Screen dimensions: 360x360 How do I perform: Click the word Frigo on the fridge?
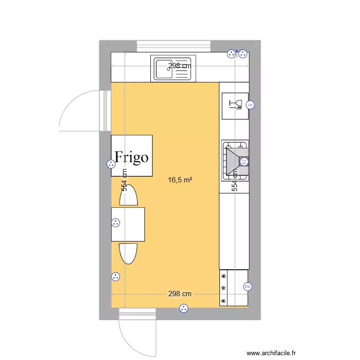pyautogui.click(x=132, y=157)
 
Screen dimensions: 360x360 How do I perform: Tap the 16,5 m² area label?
pyautogui.click(x=180, y=180)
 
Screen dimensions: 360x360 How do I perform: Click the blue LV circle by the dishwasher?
pyautogui.click(x=250, y=105)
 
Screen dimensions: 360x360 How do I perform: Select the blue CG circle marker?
pyautogui.click(x=248, y=287)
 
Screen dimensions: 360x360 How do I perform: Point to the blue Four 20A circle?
pyautogui.click(x=243, y=162)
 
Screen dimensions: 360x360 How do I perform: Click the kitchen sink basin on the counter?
pyautogui.click(x=164, y=68)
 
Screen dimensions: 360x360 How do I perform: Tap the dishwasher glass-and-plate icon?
pyautogui.click(x=235, y=104)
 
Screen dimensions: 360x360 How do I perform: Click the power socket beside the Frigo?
pyautogui.click(x=111, y=164)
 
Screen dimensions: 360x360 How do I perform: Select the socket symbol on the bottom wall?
pyautogui.click(x=183, y=309)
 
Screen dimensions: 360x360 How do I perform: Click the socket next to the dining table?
pyautogui.click(x=115, y=222)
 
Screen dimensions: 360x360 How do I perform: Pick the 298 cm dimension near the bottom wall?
pyautogui.click(x=180, y=294)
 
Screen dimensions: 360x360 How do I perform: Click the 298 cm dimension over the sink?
pyautogui.click(x=180, y=66)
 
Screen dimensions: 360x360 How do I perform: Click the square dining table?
pyautogui.click(x=128, y=224)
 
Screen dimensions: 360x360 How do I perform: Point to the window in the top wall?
pyautogui.click(x=174, y=46)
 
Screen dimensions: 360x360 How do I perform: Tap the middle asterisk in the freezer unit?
pyautogui.click(x=223, y=288)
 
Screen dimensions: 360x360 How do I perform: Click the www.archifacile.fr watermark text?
pyautogui.click(x=272, y=353)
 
